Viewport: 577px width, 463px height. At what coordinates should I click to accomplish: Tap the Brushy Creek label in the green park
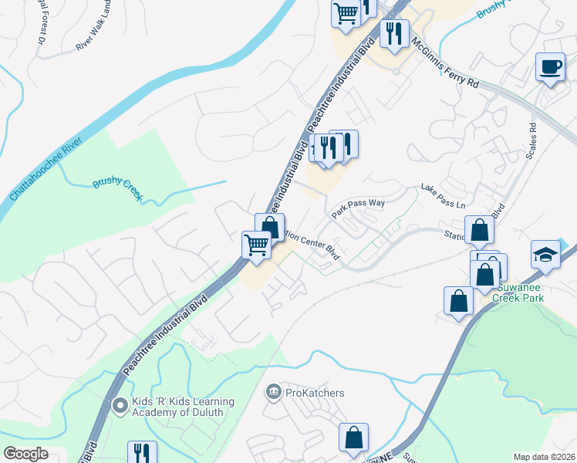[x=117, y=189]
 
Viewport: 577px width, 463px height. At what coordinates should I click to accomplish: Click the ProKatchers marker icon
[x=273, y=393]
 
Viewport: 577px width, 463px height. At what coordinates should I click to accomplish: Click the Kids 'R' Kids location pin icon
[x=119, y=405]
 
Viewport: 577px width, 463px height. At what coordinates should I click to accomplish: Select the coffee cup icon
[x=551, y=67]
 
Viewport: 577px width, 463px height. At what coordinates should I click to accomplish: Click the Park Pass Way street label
[x=358, y=207]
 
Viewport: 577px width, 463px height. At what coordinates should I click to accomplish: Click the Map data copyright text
[x=545, y=457]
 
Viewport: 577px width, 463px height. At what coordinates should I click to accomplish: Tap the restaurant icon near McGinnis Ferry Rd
[x=395, y=33]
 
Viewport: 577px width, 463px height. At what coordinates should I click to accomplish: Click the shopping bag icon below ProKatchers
[x=353, y=438]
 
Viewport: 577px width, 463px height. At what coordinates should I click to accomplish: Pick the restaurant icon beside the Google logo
[x=142, y=452]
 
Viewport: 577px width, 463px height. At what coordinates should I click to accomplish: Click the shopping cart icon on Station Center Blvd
[x=256, y=245]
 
